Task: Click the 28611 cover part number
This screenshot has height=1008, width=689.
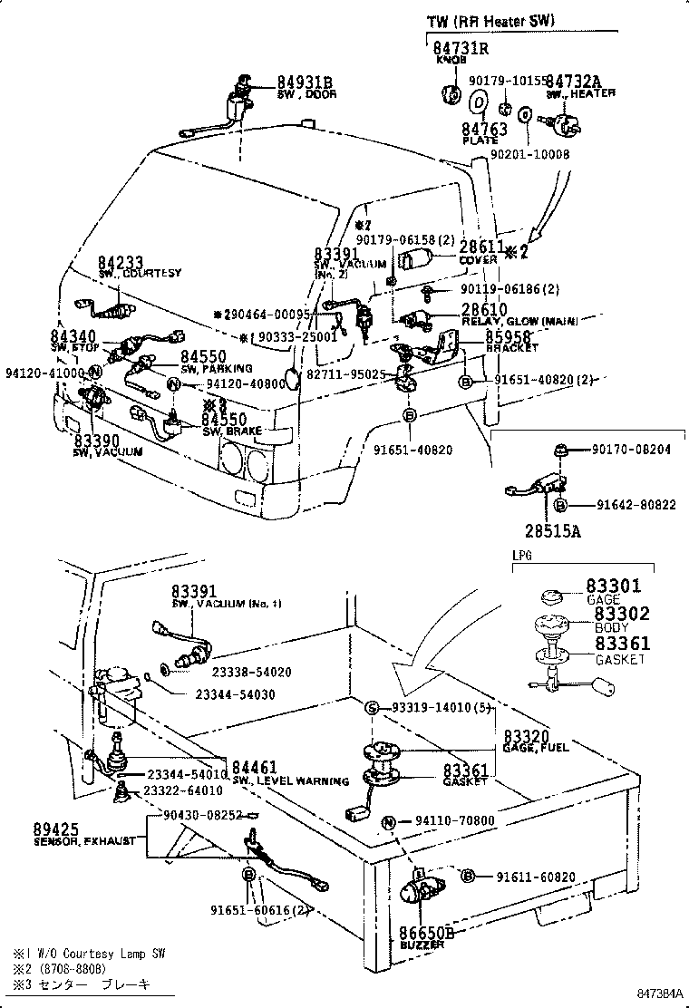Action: [x=480, y=247]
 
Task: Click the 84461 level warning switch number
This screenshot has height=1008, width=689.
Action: [x=254, y=768]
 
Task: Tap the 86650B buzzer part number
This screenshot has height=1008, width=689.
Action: [x=425, y=932]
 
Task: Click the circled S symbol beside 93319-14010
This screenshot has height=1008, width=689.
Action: [x=371, y=707]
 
